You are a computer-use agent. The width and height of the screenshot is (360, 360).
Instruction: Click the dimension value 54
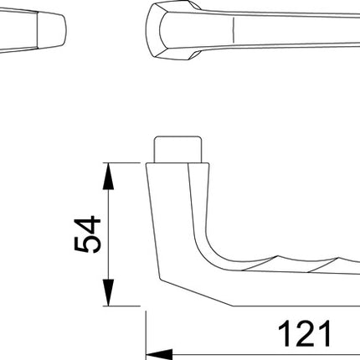pyautogui.click(x=87, y=234)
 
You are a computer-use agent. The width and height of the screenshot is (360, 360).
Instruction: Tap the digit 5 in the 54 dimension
pyautogui.click(x=87, y=244)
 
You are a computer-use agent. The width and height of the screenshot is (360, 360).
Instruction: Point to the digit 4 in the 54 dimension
pyautogui.click(x=87, y=224)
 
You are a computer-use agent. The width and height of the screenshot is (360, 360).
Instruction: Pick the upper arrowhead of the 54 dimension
pyautogui.click(x=106, y=171)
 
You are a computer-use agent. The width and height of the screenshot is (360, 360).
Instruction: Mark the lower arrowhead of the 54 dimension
pyautogui.click(x=106, y=298)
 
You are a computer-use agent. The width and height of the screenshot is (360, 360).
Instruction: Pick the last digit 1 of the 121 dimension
pyautogui.click(x=322, y=333)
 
